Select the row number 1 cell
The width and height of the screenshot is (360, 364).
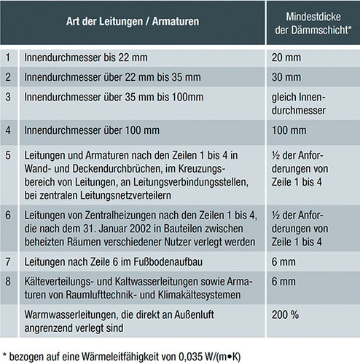pyautogui.click(x=8, y=56)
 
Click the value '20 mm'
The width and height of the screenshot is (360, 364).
pyautogui.click(x=285, y=56)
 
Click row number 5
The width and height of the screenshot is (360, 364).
pyautogui.click(x=8, y=156)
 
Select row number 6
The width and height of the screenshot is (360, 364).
pyautogui.click(x=8, y=215)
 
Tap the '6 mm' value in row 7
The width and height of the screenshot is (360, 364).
pyautogui.click(x=282, y=260)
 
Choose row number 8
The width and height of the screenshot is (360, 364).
pyautogui.click(x=8, y=280)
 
